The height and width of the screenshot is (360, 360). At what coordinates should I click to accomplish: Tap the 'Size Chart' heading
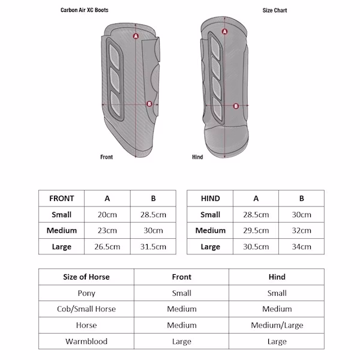275,11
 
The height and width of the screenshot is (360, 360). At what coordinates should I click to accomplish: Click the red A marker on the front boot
136,37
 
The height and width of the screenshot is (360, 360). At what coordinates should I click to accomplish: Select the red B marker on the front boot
149,104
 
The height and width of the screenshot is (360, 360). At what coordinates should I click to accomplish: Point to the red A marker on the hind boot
224,32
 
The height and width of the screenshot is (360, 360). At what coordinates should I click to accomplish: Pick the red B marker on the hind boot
236,106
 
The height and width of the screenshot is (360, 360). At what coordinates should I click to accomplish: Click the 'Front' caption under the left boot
106,157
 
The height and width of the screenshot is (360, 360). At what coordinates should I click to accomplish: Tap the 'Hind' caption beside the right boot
197,157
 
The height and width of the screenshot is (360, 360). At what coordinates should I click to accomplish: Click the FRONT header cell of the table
62,199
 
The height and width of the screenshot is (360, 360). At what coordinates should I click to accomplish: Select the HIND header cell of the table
210,199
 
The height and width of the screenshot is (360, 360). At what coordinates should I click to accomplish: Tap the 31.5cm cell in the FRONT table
153,246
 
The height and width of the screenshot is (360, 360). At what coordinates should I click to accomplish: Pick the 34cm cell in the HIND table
301,246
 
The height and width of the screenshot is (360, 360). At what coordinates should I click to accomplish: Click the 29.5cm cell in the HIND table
256,230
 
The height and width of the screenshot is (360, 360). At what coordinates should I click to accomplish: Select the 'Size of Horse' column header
86,277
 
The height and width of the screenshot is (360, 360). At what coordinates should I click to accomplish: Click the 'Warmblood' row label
86,341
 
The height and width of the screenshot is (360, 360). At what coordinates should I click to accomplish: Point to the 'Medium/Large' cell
277,325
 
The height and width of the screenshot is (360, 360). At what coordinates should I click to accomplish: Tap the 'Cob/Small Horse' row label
86,309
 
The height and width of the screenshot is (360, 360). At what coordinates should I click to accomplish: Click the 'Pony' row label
86,293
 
